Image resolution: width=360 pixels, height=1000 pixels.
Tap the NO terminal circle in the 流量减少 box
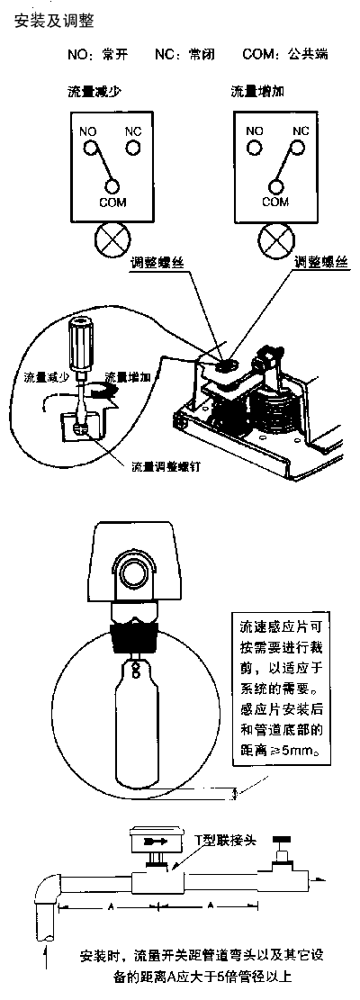point(91,148)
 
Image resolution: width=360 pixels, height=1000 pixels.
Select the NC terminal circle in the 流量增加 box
point(300,148)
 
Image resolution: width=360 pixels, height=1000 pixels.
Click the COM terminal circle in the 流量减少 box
point(112,186)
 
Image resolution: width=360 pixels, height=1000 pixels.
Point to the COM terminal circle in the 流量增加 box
point(275,186)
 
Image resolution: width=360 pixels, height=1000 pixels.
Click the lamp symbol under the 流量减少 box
point(112,242)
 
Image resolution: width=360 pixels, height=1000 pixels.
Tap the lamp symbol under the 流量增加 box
point(275,242)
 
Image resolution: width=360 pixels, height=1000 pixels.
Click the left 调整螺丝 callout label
point(156,263)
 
